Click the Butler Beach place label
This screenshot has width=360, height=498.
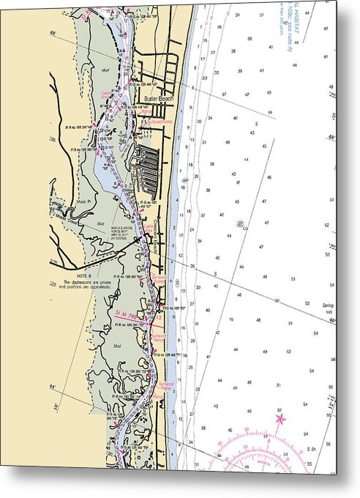[158, 98]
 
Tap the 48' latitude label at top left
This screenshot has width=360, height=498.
[52, 34]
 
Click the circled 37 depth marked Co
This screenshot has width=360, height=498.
[240, 223]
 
